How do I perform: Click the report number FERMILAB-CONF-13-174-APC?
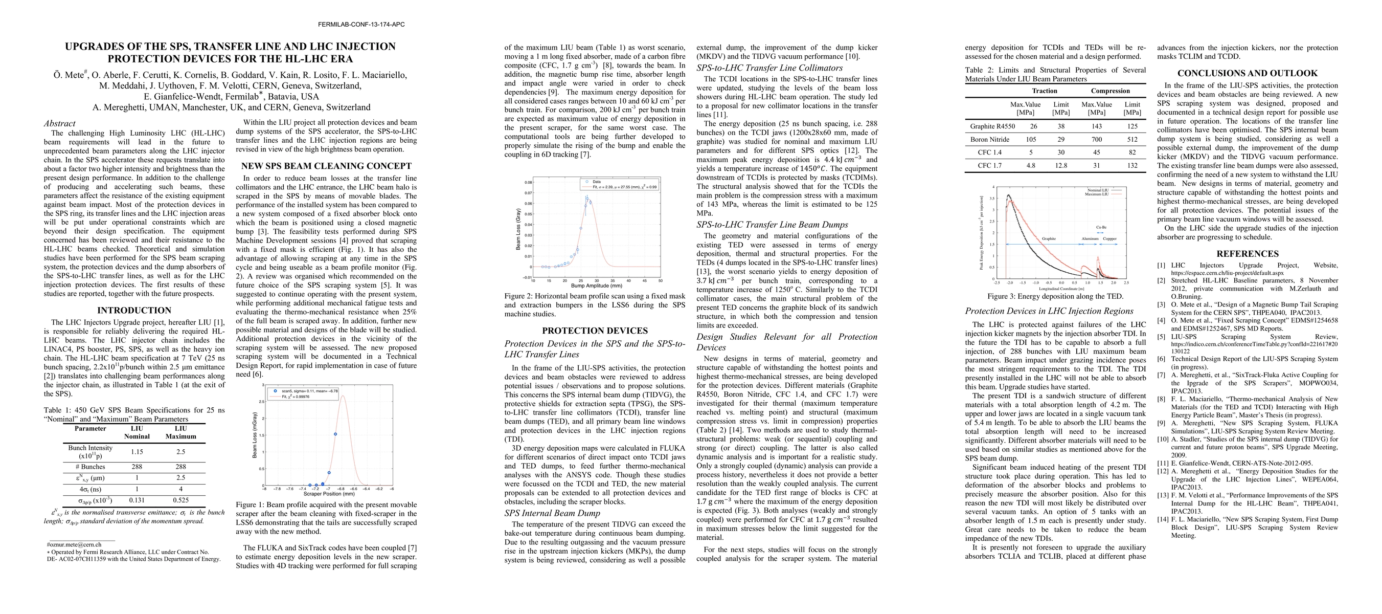[361, 25]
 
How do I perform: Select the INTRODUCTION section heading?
[134, 310]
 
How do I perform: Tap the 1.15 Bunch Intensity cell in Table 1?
[137, 452]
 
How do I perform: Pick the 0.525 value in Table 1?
[181, 500]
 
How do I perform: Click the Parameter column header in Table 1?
[90, 429]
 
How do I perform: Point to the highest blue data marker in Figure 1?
[335, 434]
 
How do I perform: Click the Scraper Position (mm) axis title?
[329, 494]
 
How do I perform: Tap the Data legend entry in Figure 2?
[597, 182]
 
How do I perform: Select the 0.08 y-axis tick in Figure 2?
[529, 183]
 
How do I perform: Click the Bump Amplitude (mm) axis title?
[596, 286]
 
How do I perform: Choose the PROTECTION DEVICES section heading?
[595, 331]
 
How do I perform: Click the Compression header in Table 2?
[1110, 91]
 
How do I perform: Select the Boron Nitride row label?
[989, 140]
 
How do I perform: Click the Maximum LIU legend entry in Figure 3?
[1098, 194]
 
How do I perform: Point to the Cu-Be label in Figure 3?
[1101, 228]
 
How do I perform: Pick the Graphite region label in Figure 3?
[1049, 239]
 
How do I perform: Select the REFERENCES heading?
[1248, 254]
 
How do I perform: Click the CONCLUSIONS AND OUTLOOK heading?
[1248, 74]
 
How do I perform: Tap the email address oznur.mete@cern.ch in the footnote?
[74, 545]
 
